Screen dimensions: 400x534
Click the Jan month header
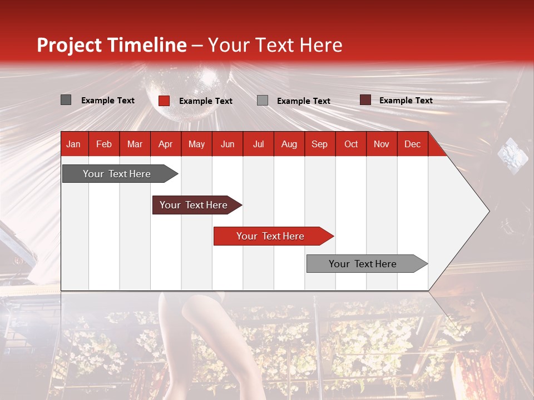pos(73,144)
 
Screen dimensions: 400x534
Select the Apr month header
pos(165,144)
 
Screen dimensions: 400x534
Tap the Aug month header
pos(289,144)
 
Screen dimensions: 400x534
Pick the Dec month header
pos(412,144)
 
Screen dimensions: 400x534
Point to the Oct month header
pos(350,144)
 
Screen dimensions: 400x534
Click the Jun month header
pos(227,144)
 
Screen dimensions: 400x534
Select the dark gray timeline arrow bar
pos(117,174)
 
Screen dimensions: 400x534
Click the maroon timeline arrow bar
pos(194,205)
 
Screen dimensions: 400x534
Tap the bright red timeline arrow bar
pos(270,236)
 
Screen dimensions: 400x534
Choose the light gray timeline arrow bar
pos(363,264)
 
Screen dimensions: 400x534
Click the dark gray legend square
pos(66,100)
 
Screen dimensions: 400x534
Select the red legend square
pos(164,101)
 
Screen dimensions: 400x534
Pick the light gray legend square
pos(262,101)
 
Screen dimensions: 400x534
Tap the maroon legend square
pos(365,100)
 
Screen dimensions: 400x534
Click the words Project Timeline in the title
pos(111,45)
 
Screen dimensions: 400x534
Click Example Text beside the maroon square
pos(406,101)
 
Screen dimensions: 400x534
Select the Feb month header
pos(103,144)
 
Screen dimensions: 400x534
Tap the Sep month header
pos(319,144)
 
